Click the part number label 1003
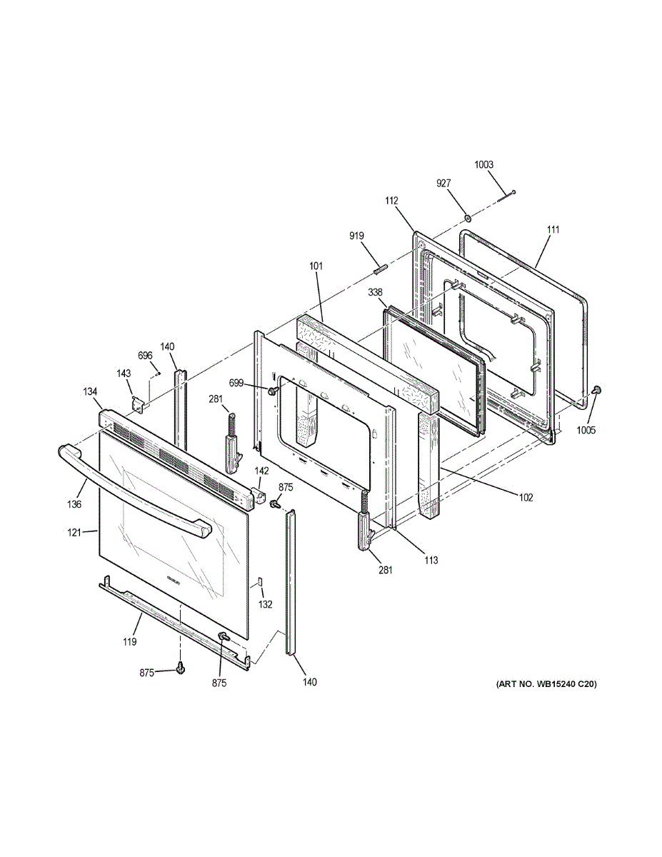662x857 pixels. (483, 165)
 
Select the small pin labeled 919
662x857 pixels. (381, 269)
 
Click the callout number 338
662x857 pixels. (376, 292)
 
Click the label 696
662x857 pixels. (145, 356)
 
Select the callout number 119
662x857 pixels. (129, 642)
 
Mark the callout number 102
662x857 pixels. (525, 497)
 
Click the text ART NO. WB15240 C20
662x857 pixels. (546, 684)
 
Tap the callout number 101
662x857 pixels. (316, 266)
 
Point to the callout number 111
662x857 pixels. (553, 229)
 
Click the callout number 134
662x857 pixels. (90, 391)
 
